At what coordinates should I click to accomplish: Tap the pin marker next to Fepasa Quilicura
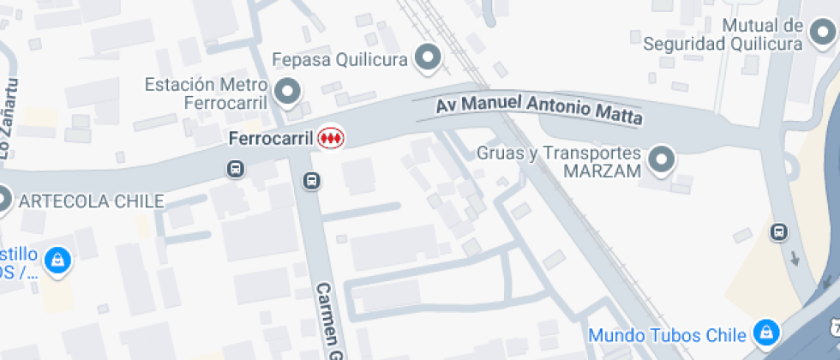(x=427, y=58)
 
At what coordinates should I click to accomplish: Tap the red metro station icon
(x=331, y=137)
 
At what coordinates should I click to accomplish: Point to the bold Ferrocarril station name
(x=269, y=137)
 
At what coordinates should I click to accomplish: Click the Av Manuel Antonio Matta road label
(x=539, y=110)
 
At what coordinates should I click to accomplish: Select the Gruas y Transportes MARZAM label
(x=558, y=161)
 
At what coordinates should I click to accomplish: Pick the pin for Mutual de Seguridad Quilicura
(x=820, y=34)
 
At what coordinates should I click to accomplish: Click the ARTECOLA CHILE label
(x=91, y=201)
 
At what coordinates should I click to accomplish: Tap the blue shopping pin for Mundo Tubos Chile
(x=764, y=333)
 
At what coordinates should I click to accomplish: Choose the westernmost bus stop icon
(x=235, y=170)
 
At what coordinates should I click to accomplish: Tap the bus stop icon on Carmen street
(x=312, y=181)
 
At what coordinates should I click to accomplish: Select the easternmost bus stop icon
(x=778, y=231)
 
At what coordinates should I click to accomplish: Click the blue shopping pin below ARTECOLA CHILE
(x=57, y=260)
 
